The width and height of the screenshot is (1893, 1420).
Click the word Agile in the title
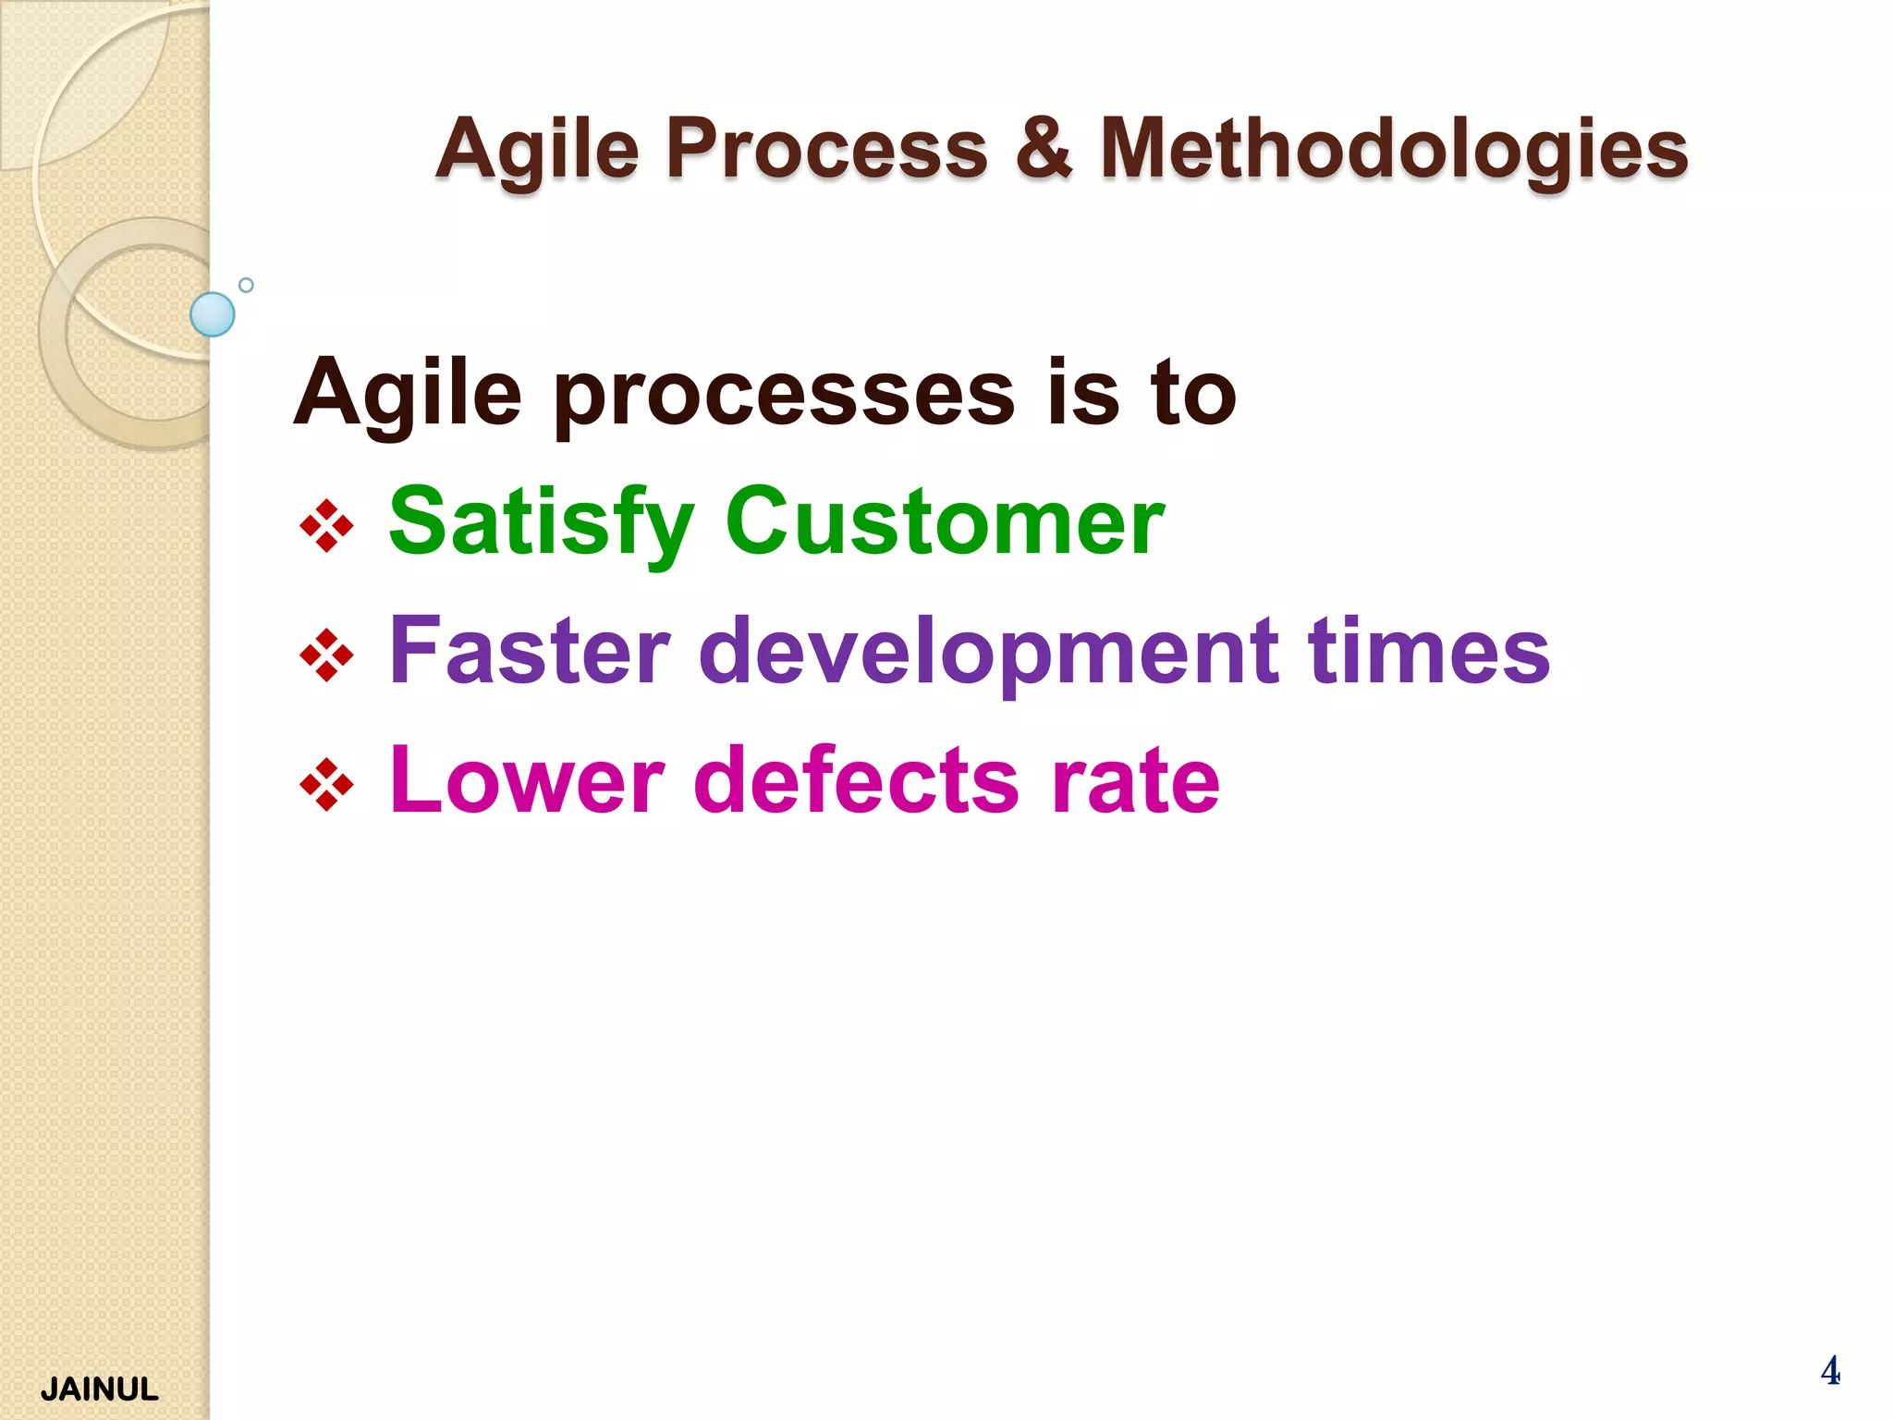537,150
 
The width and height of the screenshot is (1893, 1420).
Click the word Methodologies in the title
1394,150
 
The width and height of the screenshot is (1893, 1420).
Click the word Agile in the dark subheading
407,396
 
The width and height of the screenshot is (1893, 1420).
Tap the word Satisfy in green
541,524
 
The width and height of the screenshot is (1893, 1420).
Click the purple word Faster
529,652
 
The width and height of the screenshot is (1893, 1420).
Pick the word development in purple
989,654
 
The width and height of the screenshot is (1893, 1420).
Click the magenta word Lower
527,781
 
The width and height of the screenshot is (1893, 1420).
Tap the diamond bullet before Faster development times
326,655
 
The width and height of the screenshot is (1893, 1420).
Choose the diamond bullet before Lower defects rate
326,785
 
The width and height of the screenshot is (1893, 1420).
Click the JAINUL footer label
99,1389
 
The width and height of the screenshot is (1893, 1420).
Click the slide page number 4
1829,1370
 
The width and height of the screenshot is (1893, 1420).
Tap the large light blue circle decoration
213,314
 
